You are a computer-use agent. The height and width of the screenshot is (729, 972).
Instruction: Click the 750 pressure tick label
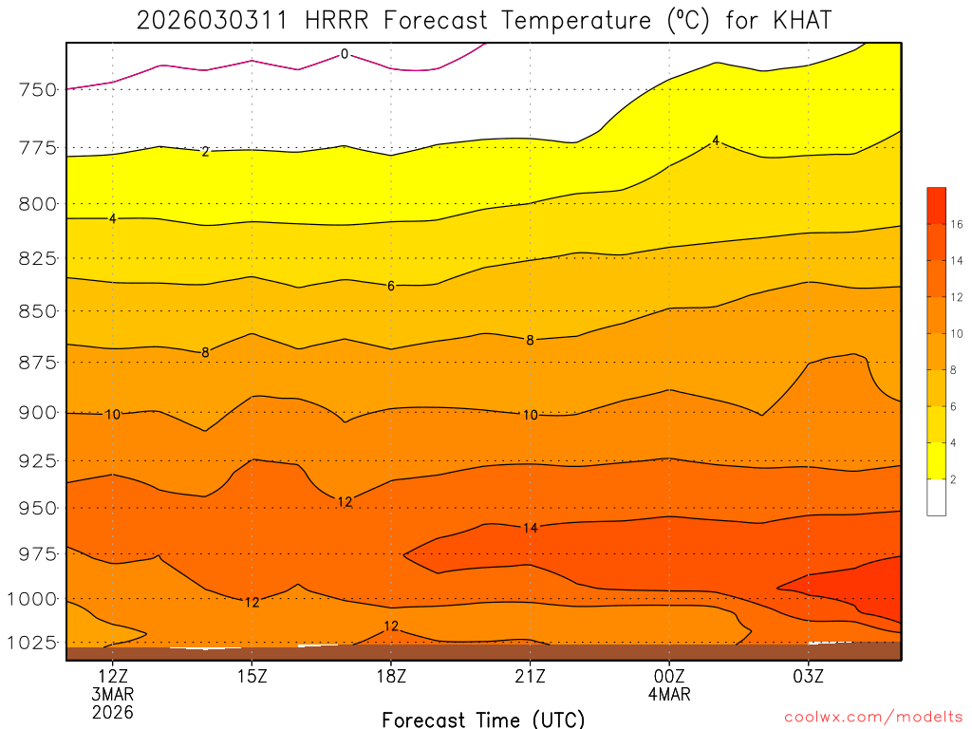[x=36, y=90]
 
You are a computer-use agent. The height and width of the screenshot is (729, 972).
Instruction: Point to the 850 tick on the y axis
[x=36, y=311]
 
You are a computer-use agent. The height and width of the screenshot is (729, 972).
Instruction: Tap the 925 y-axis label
[x=36, y=461]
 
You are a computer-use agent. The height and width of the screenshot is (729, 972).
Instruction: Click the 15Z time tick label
[x=252, y=676]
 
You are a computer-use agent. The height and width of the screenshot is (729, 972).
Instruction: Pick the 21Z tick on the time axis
[x=530, y=676]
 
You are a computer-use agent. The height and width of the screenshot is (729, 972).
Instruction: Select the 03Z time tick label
[x=809, y=676]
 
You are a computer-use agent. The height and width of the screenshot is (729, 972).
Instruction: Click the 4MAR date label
[x=669, y=694]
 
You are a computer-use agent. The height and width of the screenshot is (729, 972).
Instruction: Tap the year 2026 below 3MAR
[x=113, y=712]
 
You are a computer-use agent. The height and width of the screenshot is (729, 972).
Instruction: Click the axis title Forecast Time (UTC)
[x=483, y=720]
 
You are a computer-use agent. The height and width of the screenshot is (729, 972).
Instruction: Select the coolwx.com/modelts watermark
[x=872, y=716]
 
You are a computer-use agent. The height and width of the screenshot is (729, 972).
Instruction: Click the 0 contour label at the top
[x=345, y=55]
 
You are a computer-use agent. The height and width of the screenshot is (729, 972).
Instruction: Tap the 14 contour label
[x=530, y=528]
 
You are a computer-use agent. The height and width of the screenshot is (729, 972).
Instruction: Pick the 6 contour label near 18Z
[x=391, y=286]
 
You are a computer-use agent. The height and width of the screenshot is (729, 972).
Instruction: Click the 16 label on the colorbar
[x=952, y=225]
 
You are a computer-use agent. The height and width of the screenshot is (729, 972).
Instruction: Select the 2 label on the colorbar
[x=952, y=480]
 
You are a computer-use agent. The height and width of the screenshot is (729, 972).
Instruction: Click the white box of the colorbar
[x=936, y=497]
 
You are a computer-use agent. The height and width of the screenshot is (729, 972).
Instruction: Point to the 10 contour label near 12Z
[x=113, y=414]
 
